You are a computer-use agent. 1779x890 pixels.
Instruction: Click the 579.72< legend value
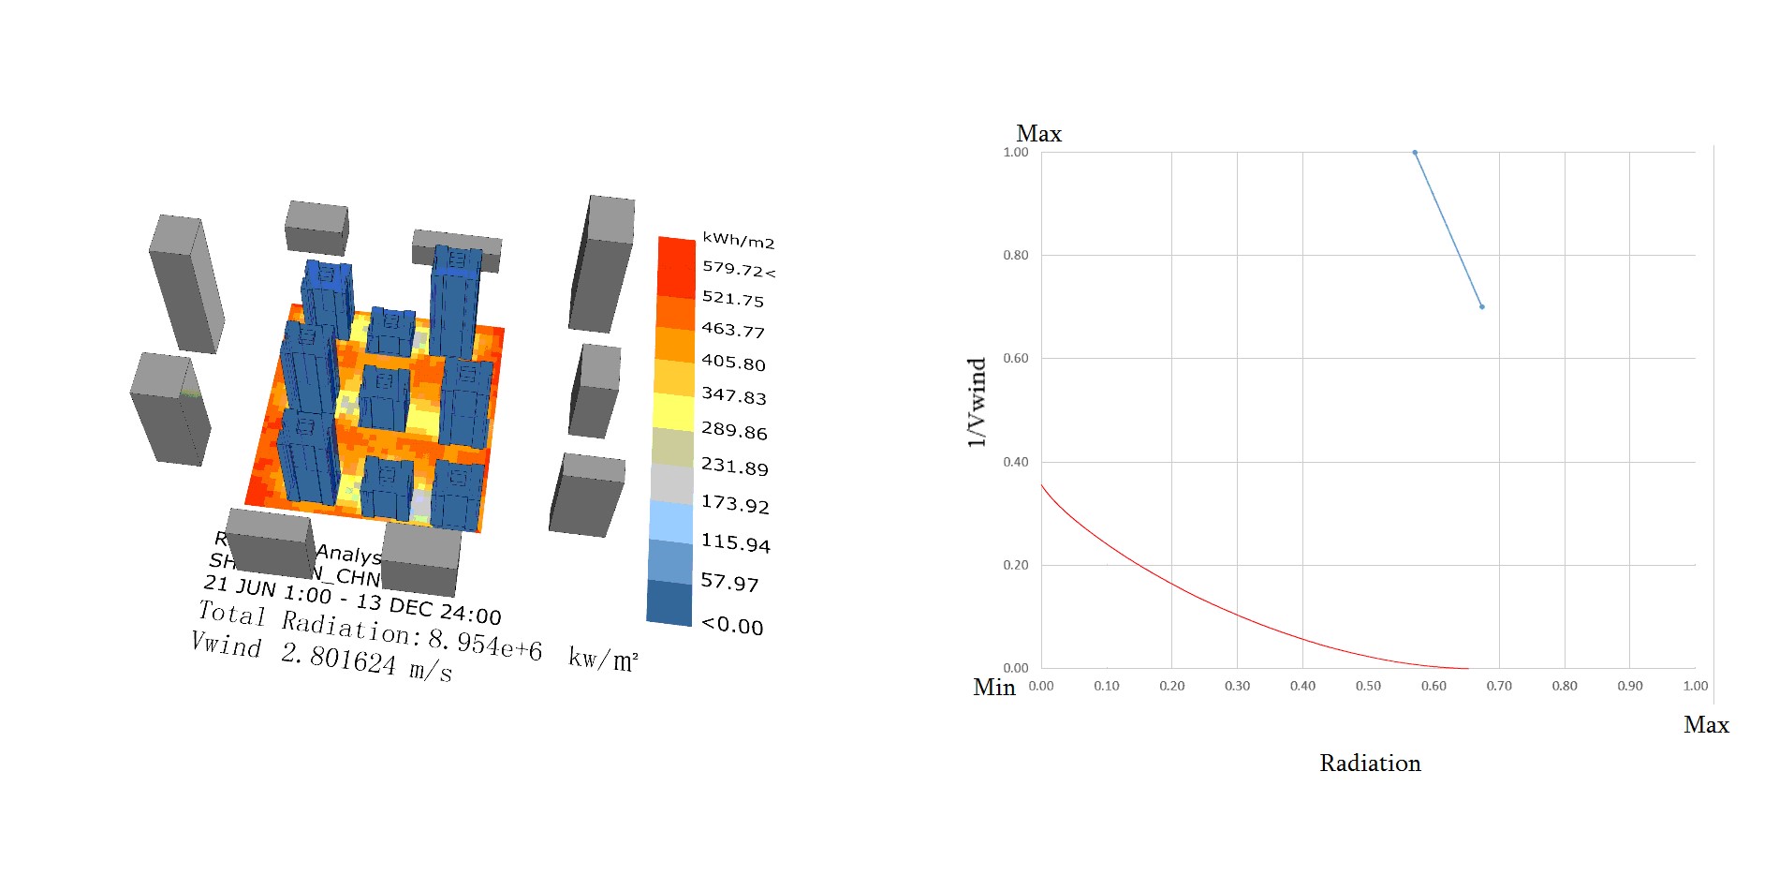point(738,269)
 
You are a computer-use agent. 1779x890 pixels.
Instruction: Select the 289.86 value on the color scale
point(734,431)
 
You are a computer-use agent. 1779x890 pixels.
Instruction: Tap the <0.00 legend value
point(732,625)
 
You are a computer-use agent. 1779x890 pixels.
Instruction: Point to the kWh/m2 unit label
point(738,241)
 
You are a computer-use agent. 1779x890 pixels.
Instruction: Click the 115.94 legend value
point(735,542)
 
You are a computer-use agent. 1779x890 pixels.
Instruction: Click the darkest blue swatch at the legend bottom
point(669,602)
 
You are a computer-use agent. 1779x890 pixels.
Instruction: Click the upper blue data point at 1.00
point(1415,153)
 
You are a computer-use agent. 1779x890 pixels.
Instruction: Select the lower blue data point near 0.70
point(1482,306)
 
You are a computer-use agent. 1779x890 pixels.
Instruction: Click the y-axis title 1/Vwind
point(977,402)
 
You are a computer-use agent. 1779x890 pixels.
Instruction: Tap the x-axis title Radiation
point(1370,764)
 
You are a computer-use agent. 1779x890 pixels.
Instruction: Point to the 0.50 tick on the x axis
point(1368,686)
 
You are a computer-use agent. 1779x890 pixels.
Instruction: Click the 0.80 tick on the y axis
point(1015,255)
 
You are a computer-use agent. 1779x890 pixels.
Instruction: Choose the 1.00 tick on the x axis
point(1695,686)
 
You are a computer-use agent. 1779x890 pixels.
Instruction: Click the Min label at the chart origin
point(993,688)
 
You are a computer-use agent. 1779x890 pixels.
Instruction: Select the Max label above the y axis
point(1038,134)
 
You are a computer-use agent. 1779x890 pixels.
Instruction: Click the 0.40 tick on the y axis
point(1015,462)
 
